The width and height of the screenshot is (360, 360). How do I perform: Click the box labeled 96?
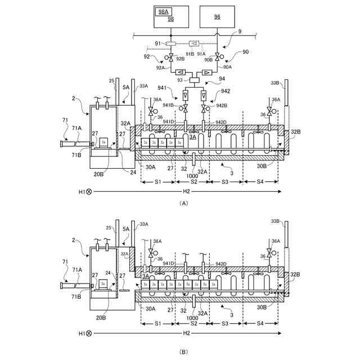click(217, 17)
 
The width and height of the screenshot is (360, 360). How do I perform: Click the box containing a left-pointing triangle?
click(181, 72)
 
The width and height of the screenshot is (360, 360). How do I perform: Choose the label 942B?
click(220, 105)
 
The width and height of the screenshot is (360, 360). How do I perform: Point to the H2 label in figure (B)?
click(187, 334)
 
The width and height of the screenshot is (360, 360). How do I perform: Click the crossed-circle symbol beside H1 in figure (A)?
click(89, 192)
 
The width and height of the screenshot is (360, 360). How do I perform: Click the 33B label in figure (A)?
click(275, 83)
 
